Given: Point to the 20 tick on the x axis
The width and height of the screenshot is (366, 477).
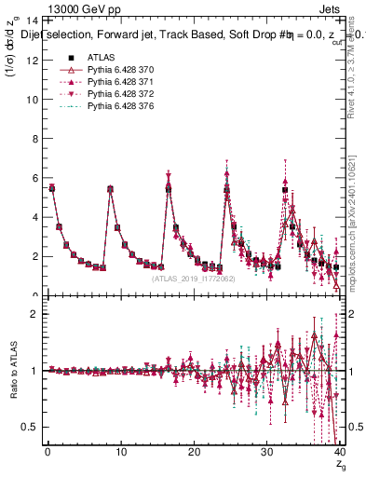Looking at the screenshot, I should pos(194,452).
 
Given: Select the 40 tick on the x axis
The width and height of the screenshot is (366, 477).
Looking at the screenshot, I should pos(339,452).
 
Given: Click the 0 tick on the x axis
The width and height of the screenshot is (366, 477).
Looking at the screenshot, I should pos(47,452).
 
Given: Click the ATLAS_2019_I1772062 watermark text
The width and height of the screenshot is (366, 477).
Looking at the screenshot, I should pos(192,279).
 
